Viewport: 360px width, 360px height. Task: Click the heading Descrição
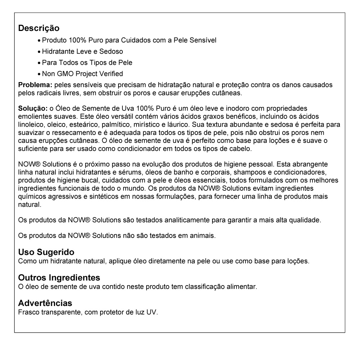pos(39,28)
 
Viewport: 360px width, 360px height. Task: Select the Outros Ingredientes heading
pos(59,278)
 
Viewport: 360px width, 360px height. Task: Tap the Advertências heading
pos(45,303)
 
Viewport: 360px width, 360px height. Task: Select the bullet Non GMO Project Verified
pos(82,74)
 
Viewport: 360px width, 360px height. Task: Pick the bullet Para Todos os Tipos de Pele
pos(87,63)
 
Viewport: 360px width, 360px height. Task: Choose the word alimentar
pos(244,287)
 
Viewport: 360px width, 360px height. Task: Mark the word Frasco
pos(28,311)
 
